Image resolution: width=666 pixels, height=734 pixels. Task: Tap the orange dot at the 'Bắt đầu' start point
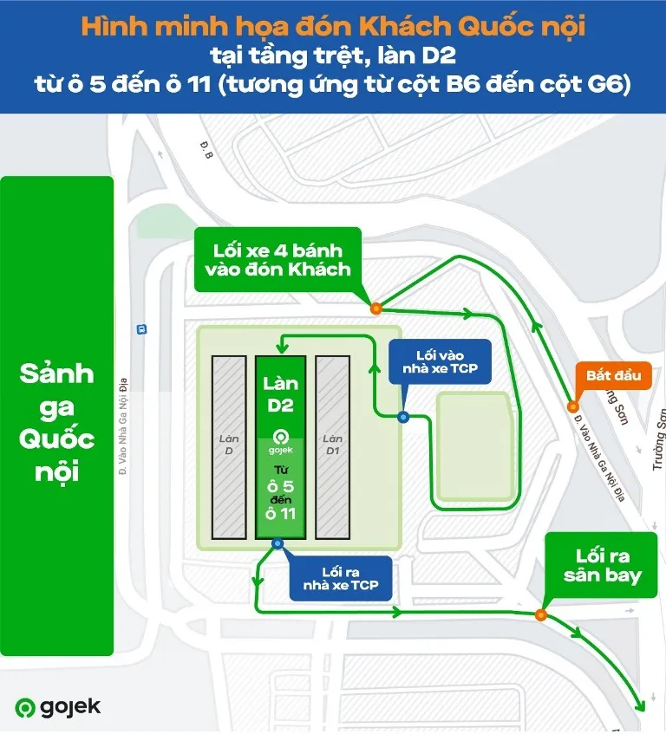(x=572, y=407)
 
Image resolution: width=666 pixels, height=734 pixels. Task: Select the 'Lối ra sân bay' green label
(x=602, y=565)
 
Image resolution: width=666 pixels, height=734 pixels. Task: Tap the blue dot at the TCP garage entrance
(x=402, y=417)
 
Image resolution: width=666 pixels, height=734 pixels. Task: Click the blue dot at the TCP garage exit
(x=277, y=543)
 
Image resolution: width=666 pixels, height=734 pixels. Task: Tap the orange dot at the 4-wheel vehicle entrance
(x=375, y=308)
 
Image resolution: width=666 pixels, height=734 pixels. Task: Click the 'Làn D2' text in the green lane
(x=280, y=393)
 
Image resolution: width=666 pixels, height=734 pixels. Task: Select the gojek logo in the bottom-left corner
(x=57, y=707)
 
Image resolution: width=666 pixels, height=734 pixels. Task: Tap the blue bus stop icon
(x=140, y=329)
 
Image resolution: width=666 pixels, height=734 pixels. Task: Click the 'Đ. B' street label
(x=207, y=155)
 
